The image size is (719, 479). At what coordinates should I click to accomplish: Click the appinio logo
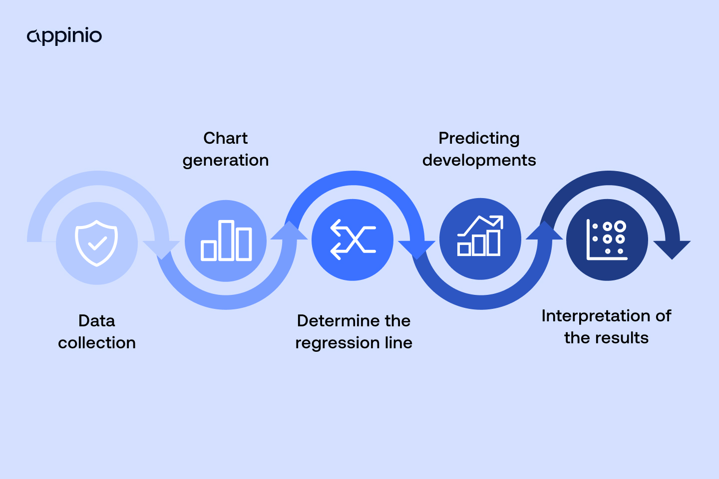click(64, 36)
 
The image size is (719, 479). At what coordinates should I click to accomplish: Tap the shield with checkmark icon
click(96, 243)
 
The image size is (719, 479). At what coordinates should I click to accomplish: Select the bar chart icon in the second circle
click(226, 240)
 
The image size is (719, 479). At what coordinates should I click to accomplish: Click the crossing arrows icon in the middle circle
click(353, 240)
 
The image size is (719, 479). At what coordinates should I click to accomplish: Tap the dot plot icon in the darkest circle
click(607, 240)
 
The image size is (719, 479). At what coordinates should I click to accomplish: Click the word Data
click(97, 321)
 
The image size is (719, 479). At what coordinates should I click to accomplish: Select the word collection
click(97, 343)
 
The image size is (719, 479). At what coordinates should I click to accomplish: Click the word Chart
click(225, 138)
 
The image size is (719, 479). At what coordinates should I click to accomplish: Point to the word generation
click(225, 160)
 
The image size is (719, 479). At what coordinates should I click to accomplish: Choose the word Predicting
click(479, 138)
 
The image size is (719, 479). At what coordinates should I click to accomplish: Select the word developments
click(479, 160)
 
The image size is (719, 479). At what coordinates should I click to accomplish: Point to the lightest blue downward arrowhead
click(161, 248)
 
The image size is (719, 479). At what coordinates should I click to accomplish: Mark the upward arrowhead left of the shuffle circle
click(289, 231)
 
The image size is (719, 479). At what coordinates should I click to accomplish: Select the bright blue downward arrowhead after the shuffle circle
click(417, 248)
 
